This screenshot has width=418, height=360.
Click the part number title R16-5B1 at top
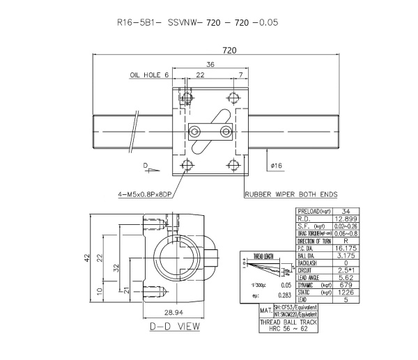(x=140, y=22)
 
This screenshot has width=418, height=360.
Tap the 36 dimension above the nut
(x=210, y=64)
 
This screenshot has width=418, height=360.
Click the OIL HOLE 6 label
(x=149, y=75)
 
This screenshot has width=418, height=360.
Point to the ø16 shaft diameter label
(x=276, y=165)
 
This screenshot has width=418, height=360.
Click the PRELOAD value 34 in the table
(x=346, y=211)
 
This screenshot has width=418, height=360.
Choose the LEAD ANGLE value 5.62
(x=346, y=276)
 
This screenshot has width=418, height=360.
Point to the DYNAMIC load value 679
(x=346, y=284)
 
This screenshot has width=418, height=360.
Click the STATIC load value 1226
(x=346, y=292)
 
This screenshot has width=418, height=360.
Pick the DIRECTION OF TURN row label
(x=313, y=240)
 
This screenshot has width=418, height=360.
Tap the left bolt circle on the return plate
(x=198, y=132)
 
